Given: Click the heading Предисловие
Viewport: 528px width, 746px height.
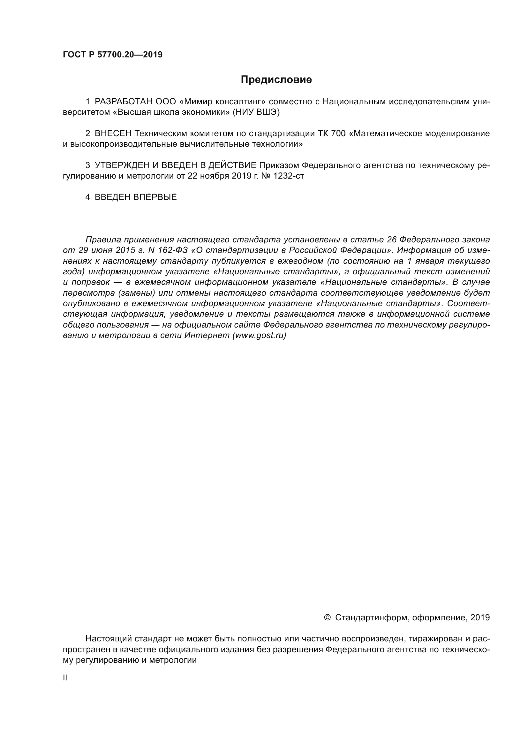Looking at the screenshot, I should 276,80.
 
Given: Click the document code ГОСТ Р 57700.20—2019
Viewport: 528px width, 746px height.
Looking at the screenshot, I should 112,55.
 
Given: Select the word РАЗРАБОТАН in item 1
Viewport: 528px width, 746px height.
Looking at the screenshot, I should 123,102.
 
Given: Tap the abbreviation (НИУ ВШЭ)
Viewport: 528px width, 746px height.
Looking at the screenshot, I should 256,112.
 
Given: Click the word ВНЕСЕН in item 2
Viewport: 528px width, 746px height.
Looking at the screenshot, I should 113,134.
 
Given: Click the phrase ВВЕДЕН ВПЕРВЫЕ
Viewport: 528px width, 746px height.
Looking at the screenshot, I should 136,197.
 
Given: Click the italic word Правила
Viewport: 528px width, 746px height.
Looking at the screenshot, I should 102,240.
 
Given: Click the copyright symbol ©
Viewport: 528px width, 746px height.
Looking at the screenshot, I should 328,617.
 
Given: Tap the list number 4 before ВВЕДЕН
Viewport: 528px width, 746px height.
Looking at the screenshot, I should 87,197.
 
